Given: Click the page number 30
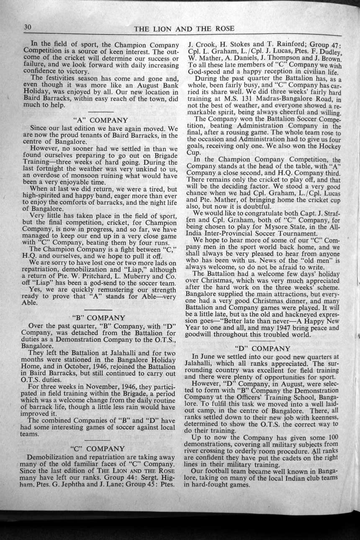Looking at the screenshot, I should coord(28,27).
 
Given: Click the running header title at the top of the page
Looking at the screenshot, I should coord(184,29).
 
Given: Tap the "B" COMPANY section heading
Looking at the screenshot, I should coord(99,318).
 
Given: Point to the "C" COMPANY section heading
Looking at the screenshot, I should coord(99,448).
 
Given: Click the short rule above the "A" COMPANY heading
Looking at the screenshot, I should coord(100,112).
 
